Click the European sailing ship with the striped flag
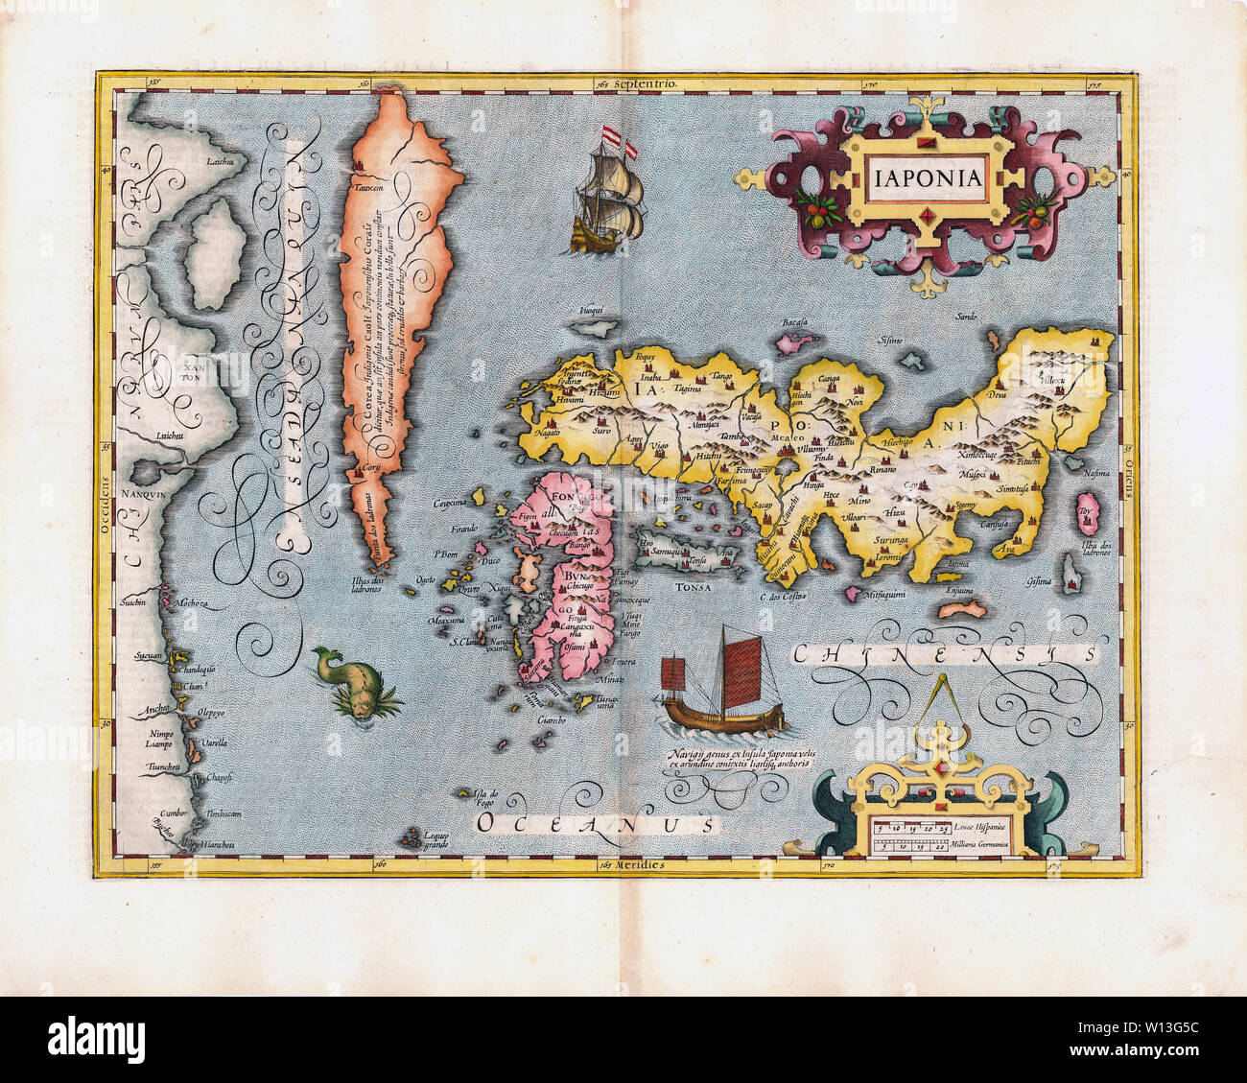(x=607, y=197)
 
